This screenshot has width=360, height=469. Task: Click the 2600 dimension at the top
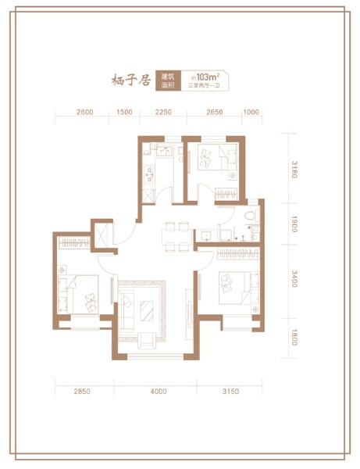(85, 112)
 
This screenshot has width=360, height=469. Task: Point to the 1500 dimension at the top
(124, 112)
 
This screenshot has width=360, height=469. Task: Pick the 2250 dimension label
(162, 112)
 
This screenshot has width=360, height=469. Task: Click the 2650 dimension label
(214, 112)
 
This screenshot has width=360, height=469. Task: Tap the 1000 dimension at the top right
(251, 112)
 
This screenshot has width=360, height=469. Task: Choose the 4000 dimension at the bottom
(159, 391)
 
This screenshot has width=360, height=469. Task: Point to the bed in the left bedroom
(80, 293)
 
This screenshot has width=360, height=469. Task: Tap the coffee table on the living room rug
(147, 308)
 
